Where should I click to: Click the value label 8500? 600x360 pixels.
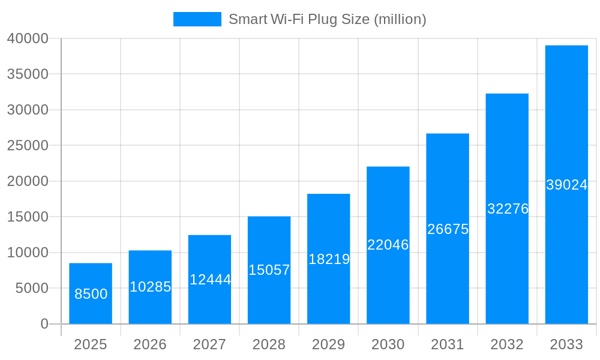coord(91,294)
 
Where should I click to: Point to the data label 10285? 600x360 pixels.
coord(150,287)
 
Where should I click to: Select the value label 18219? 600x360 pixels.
coord(329,259)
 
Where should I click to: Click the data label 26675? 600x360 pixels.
coord(448,229)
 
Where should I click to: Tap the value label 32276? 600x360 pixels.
coord(508,209)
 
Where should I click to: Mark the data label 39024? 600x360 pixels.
coord(566,185)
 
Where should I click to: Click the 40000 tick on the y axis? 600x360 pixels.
coord(28,38)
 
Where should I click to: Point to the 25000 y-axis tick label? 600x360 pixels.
coord(28,145)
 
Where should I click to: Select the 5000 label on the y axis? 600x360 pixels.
coord(31,288)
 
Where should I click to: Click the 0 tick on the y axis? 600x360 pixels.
coord(44,324)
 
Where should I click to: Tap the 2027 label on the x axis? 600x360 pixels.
coord(209,344)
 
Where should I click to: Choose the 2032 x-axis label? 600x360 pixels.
coord(507,344)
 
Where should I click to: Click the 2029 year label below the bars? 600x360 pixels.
coord(329,344)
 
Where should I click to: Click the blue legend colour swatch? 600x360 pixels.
coord(197,19)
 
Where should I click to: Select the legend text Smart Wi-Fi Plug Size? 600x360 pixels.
coord(327,19)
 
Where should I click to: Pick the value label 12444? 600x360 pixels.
coord(210,280)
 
